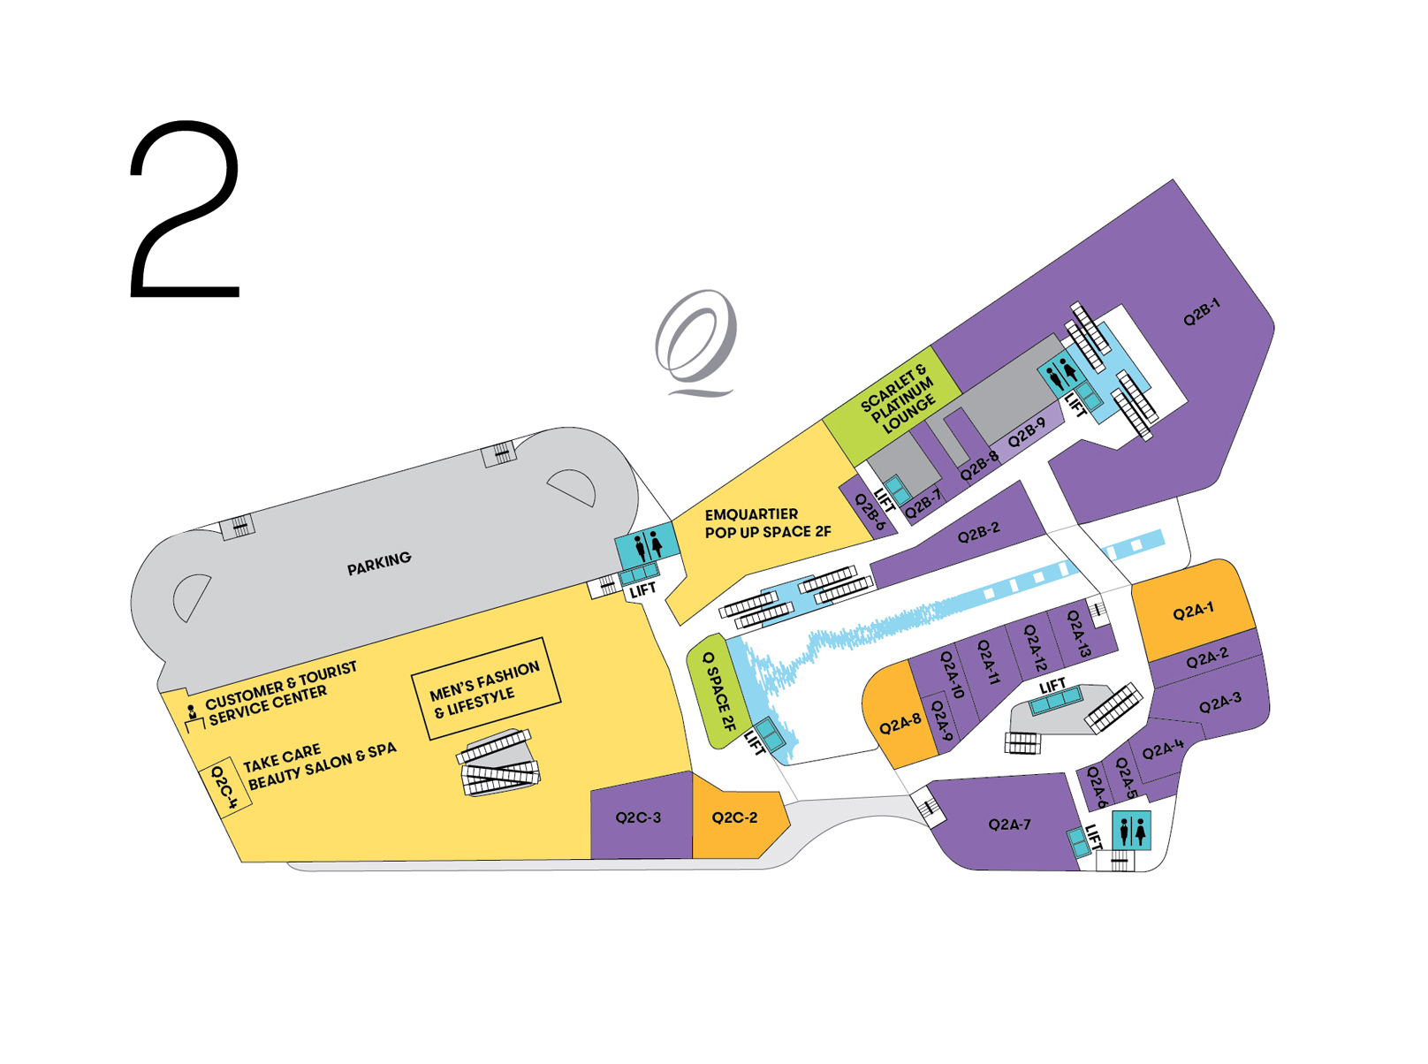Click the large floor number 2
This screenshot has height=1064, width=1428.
point(185,208)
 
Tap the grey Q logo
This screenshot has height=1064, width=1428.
point(695,343)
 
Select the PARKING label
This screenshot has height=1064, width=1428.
point(378,564)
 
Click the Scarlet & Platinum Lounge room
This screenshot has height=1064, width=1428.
point(892,405)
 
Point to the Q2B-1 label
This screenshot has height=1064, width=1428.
point(1202,311)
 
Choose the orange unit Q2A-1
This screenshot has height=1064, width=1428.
point(1192,610)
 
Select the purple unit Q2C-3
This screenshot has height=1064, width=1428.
point(642,816)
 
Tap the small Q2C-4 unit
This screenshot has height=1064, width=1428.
point(224,787)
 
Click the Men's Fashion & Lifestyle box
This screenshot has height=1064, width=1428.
point(486,688)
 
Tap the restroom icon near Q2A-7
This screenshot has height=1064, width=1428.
point(1131,830)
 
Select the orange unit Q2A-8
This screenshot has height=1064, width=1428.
point(900,716)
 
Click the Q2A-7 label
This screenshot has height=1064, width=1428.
point(1009,824)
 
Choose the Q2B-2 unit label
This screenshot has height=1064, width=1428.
point(978,532)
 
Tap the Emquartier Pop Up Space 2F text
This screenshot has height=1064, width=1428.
point(768,523)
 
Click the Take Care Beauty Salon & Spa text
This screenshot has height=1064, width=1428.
point(320,766)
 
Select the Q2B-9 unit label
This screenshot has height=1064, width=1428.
point(1026,433)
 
